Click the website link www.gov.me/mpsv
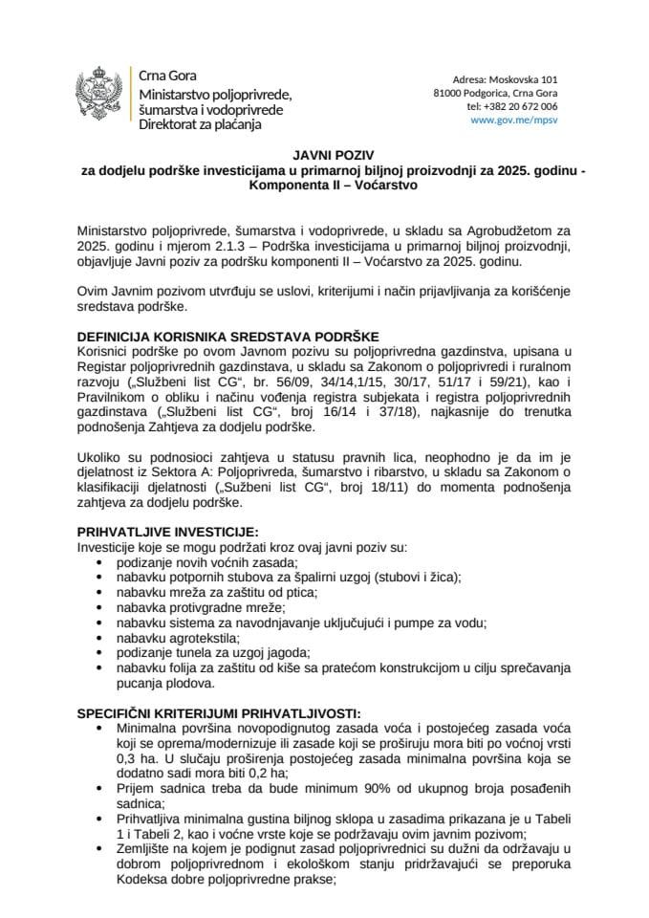point(514,121)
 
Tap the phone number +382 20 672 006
point(512,107)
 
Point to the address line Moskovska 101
point(504,78)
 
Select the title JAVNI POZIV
point(325,152)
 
